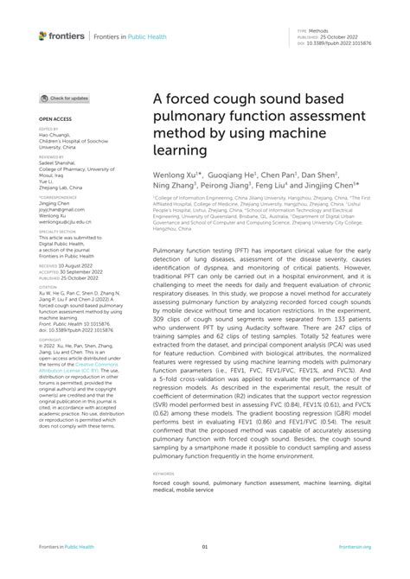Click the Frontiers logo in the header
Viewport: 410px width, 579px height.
62,35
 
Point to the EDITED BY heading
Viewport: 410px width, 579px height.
48,128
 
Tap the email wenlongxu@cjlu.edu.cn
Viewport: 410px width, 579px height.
65,221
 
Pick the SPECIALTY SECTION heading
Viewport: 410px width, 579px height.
57,232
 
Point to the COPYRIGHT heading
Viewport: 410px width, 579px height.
49,338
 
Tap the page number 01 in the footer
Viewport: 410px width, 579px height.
205,547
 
